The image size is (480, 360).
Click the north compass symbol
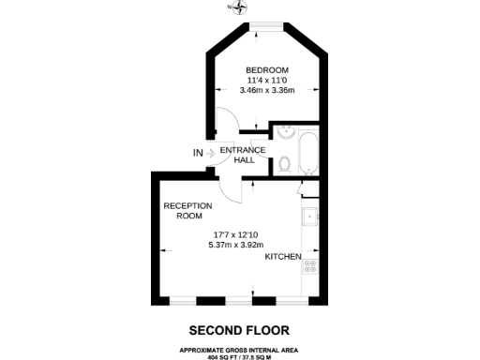coord(242,7)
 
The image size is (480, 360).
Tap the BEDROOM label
coord(267,70)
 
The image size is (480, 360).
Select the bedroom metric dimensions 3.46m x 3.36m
coord(267,91)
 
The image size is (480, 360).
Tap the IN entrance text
coord(198,153)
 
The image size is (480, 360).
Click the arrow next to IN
coord(211,153)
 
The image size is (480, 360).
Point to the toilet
coord(284,165)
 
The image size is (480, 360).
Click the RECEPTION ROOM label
coord(187,210)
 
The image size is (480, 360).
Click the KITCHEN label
coord(282,257)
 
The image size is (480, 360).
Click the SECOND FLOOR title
coord(239,330)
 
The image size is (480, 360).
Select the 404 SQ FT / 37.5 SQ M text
coord(240,355)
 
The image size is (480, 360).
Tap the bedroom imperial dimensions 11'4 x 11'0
coord(267,81)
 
